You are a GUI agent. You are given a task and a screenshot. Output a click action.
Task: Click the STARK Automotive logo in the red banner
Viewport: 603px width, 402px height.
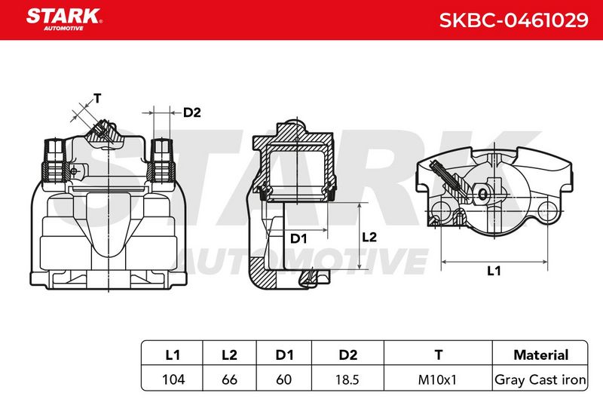click(x=64, y=20)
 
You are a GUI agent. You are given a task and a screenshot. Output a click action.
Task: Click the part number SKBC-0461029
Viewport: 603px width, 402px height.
click(x=513, y=20)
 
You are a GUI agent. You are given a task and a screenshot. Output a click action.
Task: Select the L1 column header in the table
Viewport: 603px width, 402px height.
click(x=173, y=354)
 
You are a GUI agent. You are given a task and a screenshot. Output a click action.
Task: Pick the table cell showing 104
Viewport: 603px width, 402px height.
click(x=173, y=379)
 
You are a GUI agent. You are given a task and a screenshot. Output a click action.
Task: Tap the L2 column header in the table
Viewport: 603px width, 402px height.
click(x=230, y=354)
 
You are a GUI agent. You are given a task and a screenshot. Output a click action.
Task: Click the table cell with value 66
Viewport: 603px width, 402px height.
click(x=230, y=379)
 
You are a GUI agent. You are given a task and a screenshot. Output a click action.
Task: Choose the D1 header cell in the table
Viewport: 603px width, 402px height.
click(x=285, y=354)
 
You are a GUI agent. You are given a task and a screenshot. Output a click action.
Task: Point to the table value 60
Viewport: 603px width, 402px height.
click(x=284, y=379)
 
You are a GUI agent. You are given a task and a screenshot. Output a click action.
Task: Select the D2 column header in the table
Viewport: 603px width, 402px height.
click(x=348, y=354)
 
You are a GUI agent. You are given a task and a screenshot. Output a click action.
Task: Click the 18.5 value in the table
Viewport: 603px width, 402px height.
click(x=347, y=379)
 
